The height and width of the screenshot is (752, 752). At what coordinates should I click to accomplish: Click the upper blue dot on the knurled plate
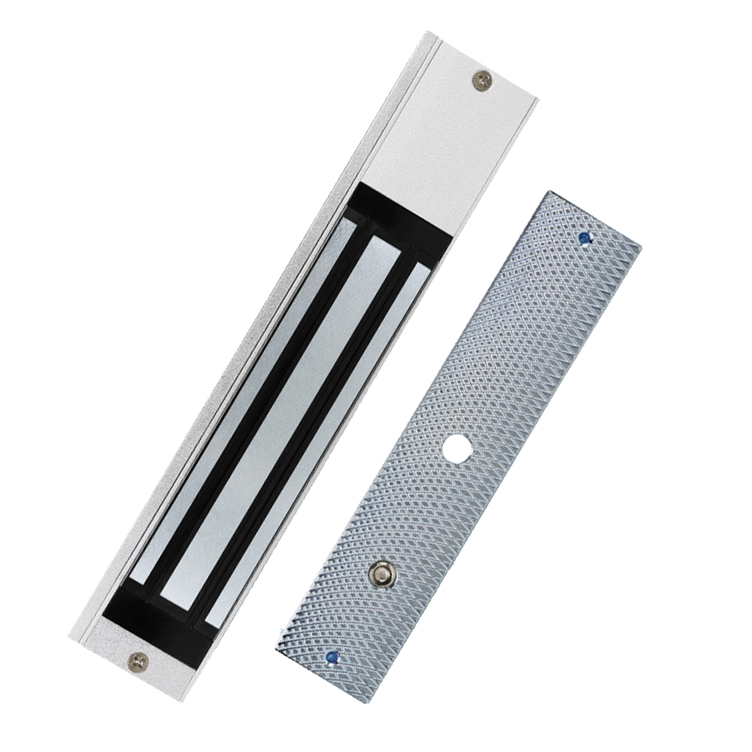pos(584,238)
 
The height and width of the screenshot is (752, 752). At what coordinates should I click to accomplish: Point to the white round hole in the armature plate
pos(456,449)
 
